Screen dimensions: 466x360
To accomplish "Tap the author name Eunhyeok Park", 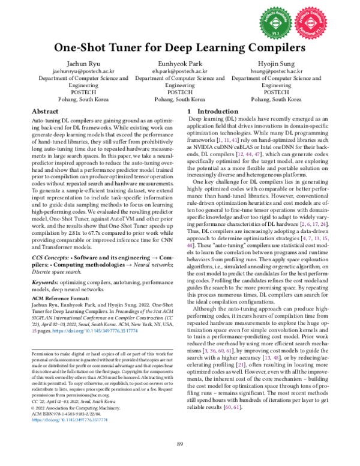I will coord(179,62).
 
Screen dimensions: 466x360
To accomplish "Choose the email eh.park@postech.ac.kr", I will coord(179,70).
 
